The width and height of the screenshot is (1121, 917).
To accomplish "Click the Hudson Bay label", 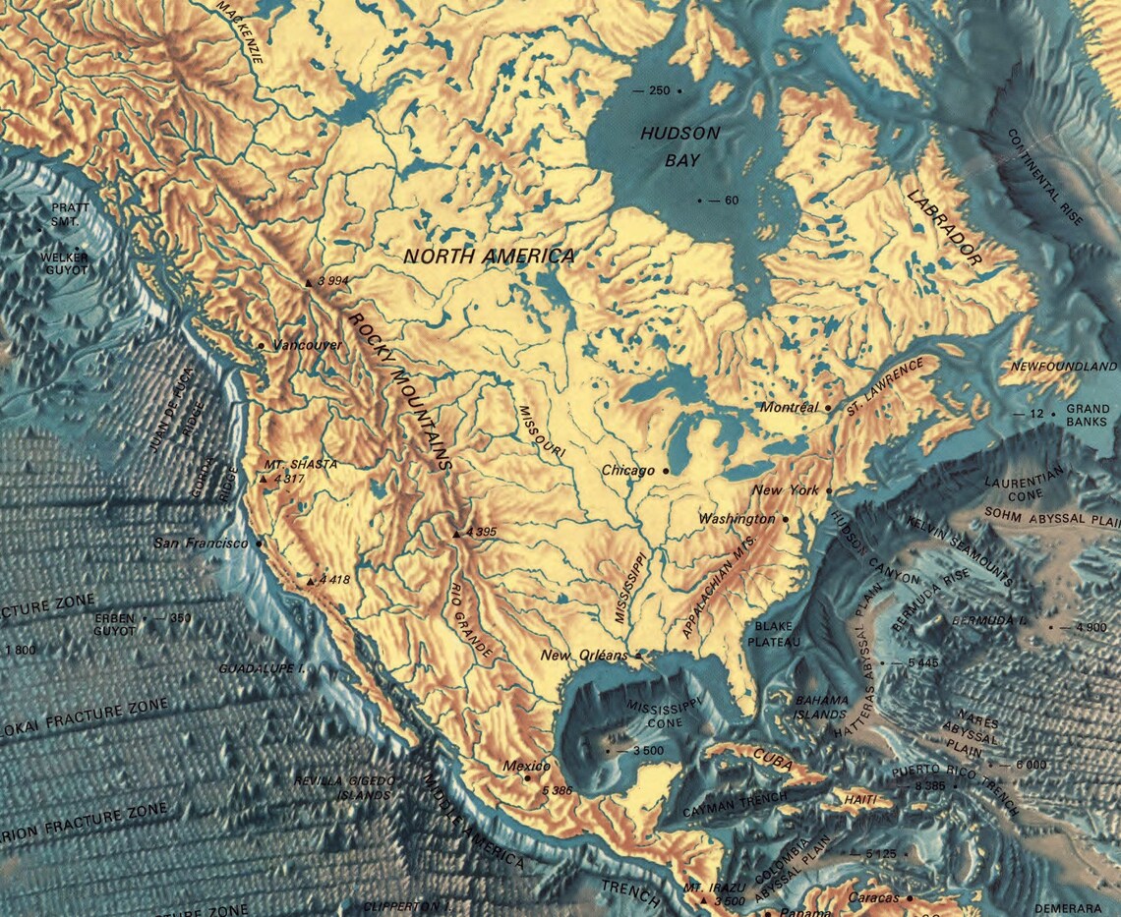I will pos(679,143).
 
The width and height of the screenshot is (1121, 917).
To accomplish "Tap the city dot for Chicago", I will pos(666,471).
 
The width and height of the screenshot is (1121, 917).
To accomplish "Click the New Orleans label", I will pos(583,656).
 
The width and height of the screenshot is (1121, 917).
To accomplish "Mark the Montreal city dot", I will pos(828,407).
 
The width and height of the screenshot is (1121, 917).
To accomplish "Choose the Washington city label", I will pos(737,518).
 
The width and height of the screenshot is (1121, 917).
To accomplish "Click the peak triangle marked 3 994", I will pos(309,282).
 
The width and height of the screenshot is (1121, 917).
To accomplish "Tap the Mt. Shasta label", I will pos(300,464).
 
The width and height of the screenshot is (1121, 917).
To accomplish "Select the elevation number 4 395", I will pos(482,532).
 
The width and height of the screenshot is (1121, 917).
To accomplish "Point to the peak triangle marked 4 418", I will pos(311,581).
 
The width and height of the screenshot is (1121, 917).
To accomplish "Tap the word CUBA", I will pos(772,756).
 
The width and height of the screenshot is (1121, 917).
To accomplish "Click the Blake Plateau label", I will pos(774,633).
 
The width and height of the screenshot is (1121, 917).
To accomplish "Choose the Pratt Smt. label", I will pos(71,213).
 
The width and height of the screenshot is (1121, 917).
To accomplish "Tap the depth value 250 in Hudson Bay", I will pos(657,90).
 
